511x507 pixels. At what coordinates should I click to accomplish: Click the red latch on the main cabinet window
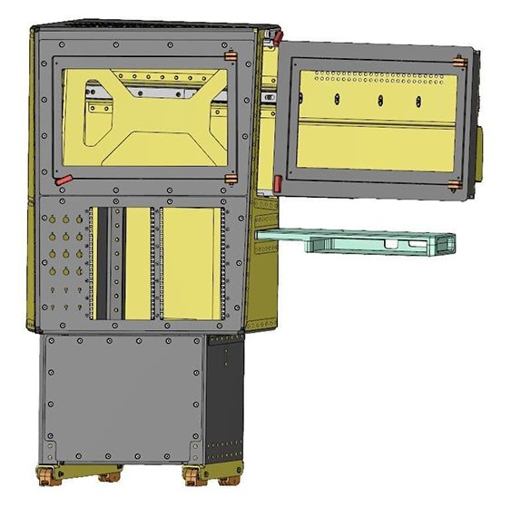tap(63, 179)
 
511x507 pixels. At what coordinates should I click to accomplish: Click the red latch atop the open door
tap(278, 37)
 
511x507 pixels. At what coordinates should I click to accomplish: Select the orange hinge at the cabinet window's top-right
tap(231, 61)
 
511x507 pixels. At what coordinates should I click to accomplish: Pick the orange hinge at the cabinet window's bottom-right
tap(231, 179)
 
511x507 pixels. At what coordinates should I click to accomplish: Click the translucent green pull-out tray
tap(363, 240)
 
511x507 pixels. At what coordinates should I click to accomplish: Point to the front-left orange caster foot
tap(43, 474)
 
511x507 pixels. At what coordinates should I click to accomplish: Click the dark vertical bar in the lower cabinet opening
tap(115, 263)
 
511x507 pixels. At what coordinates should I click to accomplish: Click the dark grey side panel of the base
tap(224, 399)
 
